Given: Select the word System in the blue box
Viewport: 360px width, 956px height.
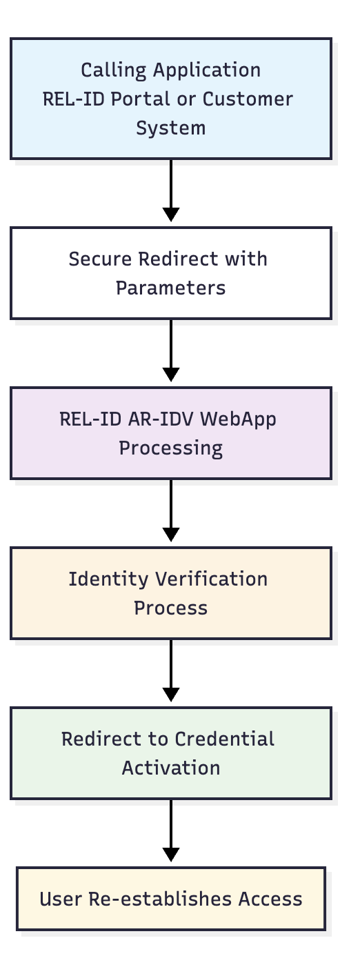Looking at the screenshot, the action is coord(170,128).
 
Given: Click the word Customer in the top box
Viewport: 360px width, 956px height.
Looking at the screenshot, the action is coord(248,99).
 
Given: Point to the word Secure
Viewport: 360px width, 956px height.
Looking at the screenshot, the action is coord(101,259).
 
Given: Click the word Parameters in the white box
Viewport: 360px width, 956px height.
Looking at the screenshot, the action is coord(170,288).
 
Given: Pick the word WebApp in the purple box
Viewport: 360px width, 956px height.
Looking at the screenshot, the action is coord(238,420).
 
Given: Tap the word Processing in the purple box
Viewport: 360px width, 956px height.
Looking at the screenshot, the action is coord(170,449).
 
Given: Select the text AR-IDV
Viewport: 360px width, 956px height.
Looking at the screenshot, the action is coord(161,419).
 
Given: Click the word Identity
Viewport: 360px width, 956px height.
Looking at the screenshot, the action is coord(109,580).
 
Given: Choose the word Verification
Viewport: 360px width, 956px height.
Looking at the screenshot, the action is coord(212,579).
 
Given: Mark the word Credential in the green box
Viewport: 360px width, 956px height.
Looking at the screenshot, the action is coord(224,739).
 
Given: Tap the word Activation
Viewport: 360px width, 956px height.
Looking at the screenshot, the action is coord(170,768).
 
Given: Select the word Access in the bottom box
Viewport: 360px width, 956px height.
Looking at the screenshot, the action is coord(270,899).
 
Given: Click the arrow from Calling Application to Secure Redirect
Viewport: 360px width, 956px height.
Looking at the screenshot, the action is coord(171,190).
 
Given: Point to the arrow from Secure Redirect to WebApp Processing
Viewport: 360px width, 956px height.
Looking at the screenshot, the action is coord(171,350).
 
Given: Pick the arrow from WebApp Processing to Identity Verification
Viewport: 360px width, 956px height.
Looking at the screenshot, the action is coord(171,510).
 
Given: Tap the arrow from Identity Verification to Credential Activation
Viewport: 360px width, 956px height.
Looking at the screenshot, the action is coord(171,670).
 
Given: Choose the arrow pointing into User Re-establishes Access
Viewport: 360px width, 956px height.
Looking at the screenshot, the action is coord(171,830).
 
